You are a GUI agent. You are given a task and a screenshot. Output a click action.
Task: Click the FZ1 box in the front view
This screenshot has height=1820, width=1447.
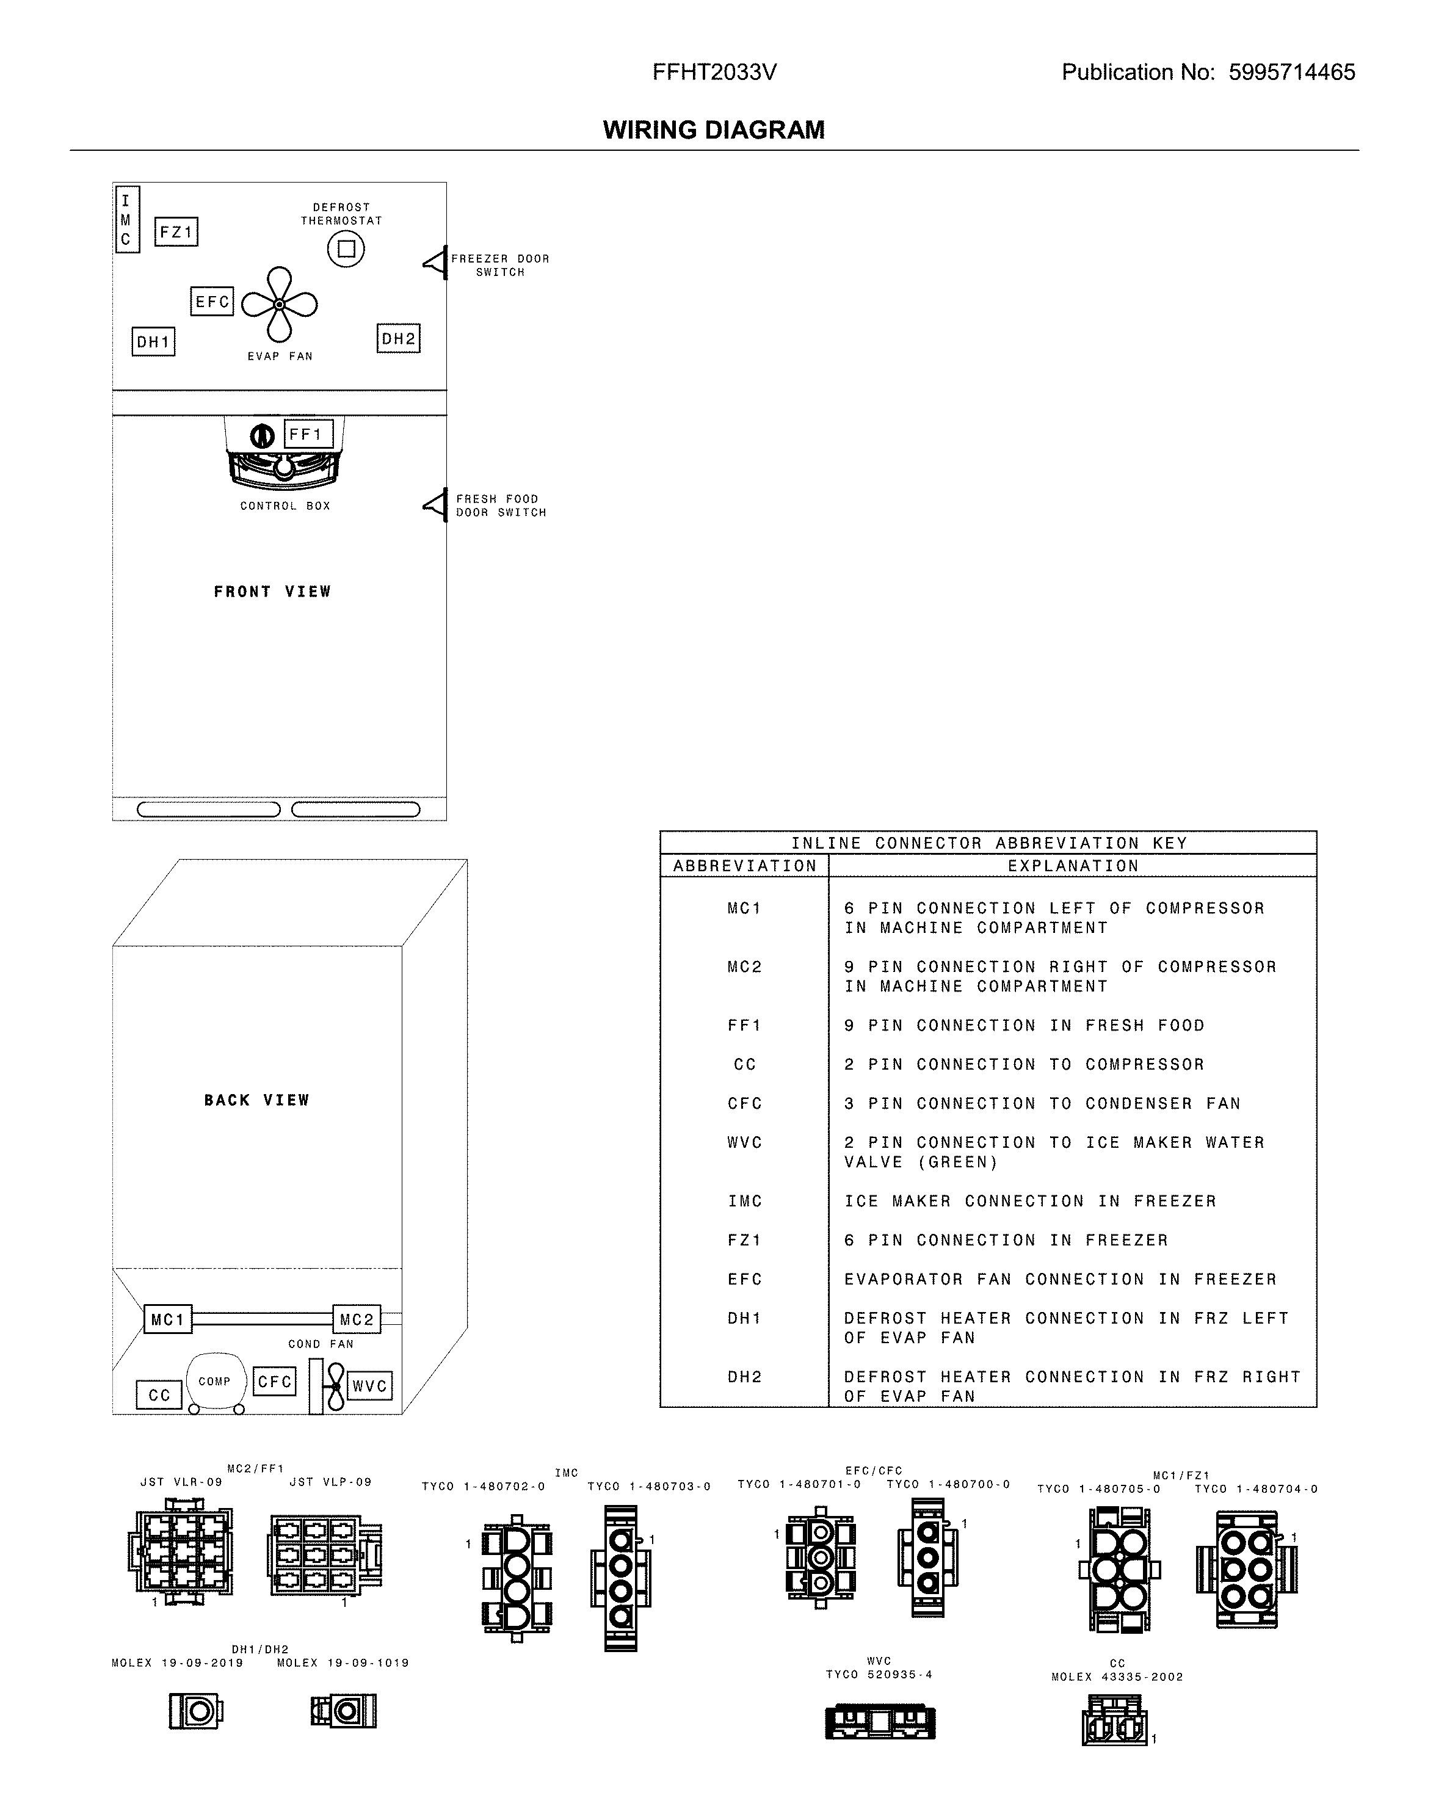176,231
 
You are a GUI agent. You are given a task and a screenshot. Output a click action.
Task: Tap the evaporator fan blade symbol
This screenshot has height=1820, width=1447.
280,305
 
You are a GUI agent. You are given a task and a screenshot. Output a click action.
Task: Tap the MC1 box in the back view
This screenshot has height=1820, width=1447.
167,1319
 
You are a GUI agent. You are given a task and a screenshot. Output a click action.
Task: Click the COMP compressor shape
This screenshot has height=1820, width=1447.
216,1381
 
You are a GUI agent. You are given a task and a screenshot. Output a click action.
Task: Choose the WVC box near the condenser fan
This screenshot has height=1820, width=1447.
369,1385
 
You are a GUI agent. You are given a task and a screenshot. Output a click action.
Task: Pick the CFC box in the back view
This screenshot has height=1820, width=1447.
274,1381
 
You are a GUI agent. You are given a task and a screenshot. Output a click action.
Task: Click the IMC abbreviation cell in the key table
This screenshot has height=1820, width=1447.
745,1200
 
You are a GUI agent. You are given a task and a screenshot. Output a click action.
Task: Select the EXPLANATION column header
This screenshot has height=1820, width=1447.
1072,865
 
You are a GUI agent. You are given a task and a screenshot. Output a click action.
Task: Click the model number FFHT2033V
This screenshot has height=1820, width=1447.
714,73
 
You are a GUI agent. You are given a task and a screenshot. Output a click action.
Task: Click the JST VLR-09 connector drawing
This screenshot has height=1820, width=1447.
180,1551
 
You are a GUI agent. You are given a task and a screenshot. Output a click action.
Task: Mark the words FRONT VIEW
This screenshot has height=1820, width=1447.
272,592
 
